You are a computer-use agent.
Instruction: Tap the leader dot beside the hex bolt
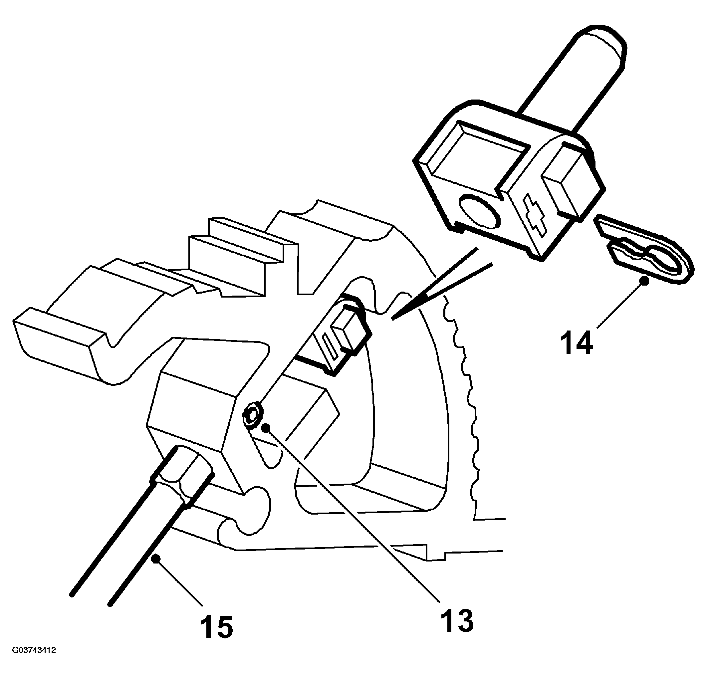[266, 428]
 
